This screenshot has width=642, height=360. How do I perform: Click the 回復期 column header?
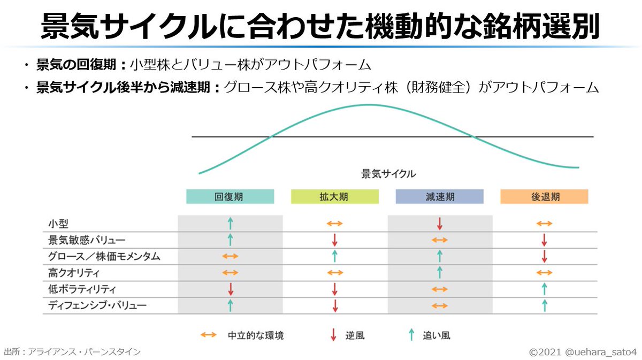pos(230,197)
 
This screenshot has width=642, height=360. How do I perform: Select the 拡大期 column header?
pos(334,197)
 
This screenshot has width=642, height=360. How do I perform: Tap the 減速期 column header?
pos(439,197)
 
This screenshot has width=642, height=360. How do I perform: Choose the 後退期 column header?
pos(544,197)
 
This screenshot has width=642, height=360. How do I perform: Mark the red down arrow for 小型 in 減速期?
pos(439,224)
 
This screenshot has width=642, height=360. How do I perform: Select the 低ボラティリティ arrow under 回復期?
pos(230,289)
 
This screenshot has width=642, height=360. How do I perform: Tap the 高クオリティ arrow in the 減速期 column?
pos(439,273)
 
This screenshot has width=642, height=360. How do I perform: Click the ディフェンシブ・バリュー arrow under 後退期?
pos(544,305)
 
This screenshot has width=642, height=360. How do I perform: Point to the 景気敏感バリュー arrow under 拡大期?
pos(334,240)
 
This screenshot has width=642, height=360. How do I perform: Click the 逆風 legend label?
pos(355,336)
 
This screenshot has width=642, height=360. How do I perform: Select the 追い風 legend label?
pos(437,336)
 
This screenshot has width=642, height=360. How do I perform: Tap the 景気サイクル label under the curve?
pos(388,174)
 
